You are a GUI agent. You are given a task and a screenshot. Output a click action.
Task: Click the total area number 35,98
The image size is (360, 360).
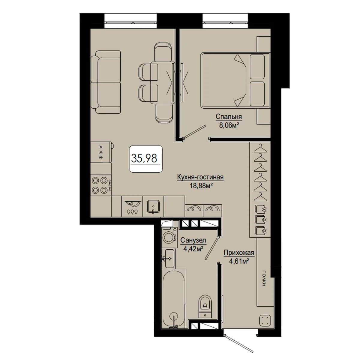click(144, 158)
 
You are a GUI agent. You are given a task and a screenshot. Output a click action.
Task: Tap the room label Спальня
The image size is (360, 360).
click(229, 117)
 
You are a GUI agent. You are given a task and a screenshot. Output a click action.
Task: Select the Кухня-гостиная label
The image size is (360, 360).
click(200, 177)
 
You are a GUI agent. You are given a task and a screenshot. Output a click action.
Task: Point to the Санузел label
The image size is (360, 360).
click(193, 240)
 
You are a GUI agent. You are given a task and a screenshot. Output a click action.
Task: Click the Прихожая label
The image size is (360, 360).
click(239, 253)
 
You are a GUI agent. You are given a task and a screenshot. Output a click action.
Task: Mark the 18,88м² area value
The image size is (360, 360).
click(202, 185)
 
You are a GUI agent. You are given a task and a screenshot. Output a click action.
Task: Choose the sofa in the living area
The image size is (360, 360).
click(106, 82)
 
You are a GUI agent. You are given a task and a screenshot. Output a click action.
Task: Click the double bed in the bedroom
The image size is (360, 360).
click(235, 80)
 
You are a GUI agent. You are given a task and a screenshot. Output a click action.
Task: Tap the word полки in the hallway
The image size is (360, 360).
click(264, 278)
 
